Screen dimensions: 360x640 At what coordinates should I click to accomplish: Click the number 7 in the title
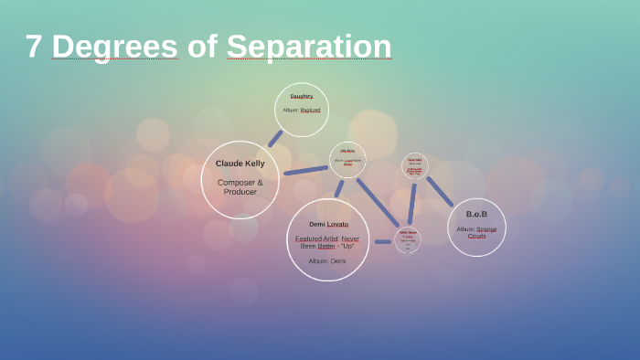coord(34,46)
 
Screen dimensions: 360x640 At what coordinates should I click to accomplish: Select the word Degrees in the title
coord(115,46)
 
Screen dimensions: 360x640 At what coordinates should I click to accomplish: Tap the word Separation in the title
coord(309,46)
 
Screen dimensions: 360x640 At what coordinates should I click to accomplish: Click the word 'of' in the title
coord(202,46)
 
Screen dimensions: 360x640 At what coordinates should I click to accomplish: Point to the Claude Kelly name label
coord(240,164)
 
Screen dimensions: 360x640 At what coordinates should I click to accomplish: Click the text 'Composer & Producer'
coord(240,186)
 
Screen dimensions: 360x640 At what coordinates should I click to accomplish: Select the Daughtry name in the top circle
coord(302,96)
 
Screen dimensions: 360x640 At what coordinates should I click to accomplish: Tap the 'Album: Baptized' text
coord(302,110)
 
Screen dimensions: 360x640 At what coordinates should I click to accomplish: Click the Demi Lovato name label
coord(328,224)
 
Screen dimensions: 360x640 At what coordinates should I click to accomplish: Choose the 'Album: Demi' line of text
coord(327,261)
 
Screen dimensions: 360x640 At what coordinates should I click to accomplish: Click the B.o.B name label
coord(476,214)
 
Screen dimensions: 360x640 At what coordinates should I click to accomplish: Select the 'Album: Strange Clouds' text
coord(476,232)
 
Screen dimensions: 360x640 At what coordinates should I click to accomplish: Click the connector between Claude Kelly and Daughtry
coord(274,139)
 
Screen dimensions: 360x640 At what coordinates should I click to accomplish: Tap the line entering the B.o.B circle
coord(440,192)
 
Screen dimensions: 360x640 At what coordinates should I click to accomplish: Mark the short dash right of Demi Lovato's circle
coord(382,241)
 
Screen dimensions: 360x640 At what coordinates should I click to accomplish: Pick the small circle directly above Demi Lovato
coord(347,160)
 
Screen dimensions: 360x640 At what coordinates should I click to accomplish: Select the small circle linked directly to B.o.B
coord(415,166)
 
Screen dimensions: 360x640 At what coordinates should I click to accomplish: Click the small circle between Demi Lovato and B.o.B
coord(408,239)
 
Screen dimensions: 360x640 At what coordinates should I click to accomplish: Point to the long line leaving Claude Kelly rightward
coord(305,170)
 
